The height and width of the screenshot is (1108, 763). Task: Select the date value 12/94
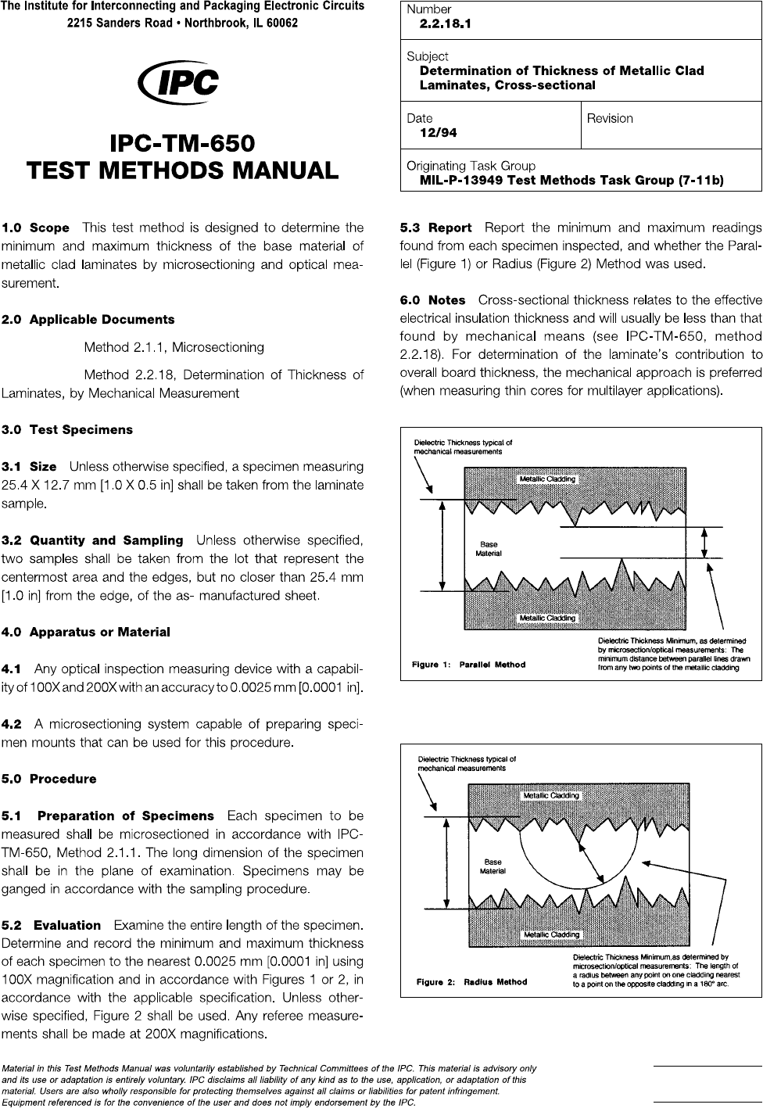pyautogui.click(x=439, y=133)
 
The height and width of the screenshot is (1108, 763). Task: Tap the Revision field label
pyautogui.click(x=610, y=119)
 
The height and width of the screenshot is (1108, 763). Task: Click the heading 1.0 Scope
pyautogui.click(x=36, y=228)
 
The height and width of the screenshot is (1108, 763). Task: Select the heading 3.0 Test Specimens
pyautogui.click(x=67, y=430)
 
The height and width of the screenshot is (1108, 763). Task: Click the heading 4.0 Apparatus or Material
pyautogui.click(x=86, y=632)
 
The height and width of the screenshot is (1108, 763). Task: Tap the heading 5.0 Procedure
pyautogui.click(x=49, y=780)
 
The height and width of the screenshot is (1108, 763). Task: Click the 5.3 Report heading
pyautogui.click(x=435, y=228)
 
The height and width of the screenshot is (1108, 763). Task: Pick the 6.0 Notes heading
pyautogui.click(x=432, y=300)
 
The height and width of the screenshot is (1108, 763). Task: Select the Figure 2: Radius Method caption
pyautogui.click(x=471, y=982)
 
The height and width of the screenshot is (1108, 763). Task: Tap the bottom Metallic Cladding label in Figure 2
pyautogui.click(x=551, y=934)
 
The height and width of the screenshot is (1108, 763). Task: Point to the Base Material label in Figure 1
pyautogui.click(x=489, y=549)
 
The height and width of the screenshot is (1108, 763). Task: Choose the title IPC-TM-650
pyautogui.click(x=183, y=144)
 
